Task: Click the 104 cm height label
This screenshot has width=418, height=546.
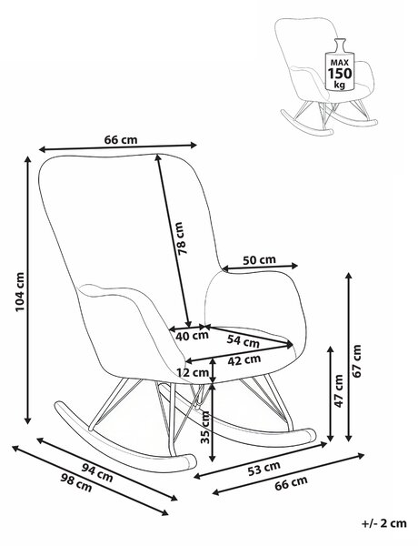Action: [x=20, y=292]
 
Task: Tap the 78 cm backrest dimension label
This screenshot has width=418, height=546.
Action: [x=180, y=238]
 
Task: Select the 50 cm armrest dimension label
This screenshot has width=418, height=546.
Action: [x=259, y=259]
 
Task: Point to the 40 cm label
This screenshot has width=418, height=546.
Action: [x=192, y=336]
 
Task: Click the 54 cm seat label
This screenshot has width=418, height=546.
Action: [x=244, y=341]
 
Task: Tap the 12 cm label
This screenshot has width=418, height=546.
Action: [x=193, y=372]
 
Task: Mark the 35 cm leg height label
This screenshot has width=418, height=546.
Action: [x=206, y=427]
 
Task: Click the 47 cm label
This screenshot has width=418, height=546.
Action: [x=338, y=390]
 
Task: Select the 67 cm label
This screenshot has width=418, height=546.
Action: [x=357, y=360]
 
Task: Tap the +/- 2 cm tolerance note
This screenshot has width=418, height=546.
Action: [x=383, y=533]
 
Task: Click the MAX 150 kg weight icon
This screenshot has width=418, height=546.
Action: [x=340, y=66]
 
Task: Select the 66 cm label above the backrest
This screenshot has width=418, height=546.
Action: [x=121, y=139]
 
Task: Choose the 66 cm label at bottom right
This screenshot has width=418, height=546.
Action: [x=291, y=482]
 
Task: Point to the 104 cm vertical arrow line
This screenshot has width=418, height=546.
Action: [x=28, y=290]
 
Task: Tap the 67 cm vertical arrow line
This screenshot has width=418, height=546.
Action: [x=349, y=358]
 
